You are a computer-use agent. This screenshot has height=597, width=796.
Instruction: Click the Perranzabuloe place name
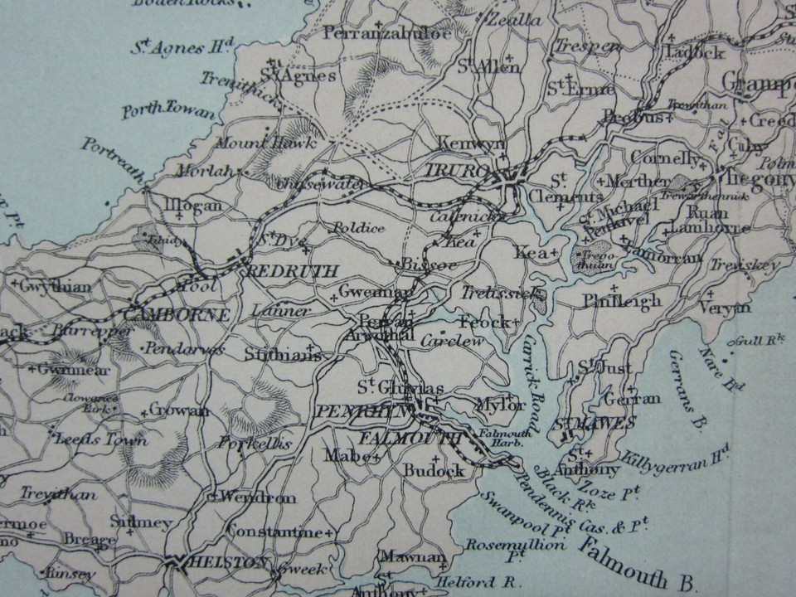click(x=387, y=33)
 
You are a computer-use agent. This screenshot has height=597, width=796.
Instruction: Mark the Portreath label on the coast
click(x=114, y=158)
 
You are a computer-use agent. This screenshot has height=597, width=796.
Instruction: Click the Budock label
click(x=434, y=470)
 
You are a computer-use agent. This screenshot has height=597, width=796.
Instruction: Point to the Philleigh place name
click(x=622, y=300)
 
